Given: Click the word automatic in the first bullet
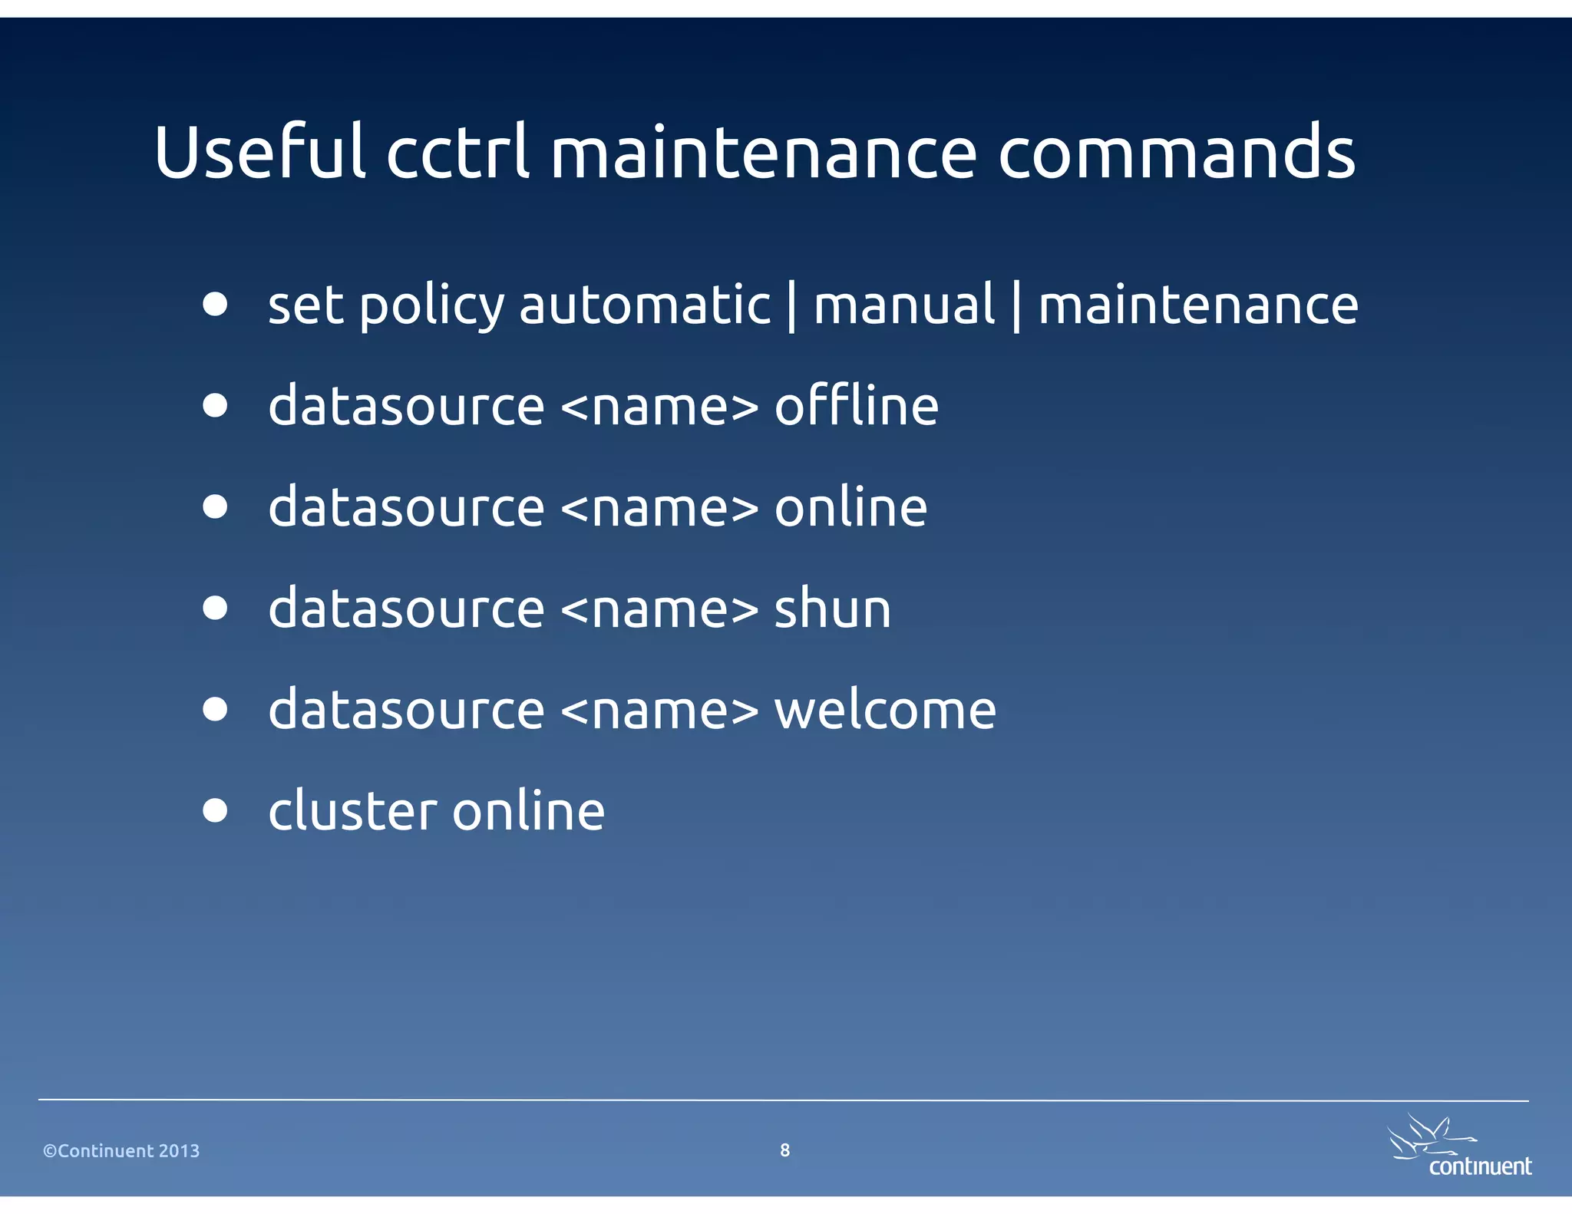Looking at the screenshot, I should point(645,305).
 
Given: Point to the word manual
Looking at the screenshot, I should point(903,305).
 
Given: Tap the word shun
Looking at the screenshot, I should point(832,609).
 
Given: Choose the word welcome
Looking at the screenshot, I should point(884,710).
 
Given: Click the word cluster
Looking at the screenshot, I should point(354,811).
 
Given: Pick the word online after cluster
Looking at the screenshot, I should point(528,811).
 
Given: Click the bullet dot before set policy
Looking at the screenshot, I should point(216,304).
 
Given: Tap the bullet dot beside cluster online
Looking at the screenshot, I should point(216,810).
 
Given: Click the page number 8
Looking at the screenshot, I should point(784,1150).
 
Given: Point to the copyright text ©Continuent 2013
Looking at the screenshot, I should point(121,1150).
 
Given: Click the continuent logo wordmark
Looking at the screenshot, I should point(1479,1166).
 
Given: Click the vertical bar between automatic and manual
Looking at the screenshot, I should point(791,306).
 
